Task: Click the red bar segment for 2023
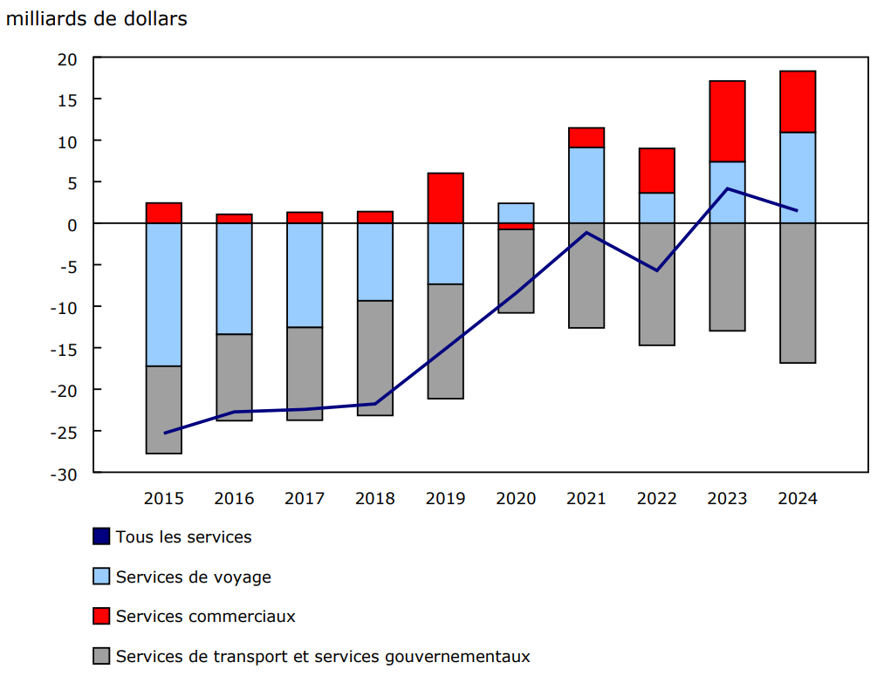click(727, 121)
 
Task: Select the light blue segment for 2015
click(164, 294)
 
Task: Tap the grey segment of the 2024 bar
click(798, 292)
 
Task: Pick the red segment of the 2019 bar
click(445, 198)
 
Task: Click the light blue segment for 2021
click(586, 185)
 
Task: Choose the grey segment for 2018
click(375, 358)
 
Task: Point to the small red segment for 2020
click(516, 226)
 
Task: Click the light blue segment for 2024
click(798, 178)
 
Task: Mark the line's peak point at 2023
click(727, 188)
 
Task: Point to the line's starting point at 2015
click(164, 433)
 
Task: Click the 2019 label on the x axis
click(445, 499)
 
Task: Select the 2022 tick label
click(656, 499)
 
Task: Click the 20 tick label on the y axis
click(67, 58)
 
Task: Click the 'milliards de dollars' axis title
click(96, 18)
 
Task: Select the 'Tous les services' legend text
click(183, 537)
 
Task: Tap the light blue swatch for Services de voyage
click(101, 577)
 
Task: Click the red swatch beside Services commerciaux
click(101, 617)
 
